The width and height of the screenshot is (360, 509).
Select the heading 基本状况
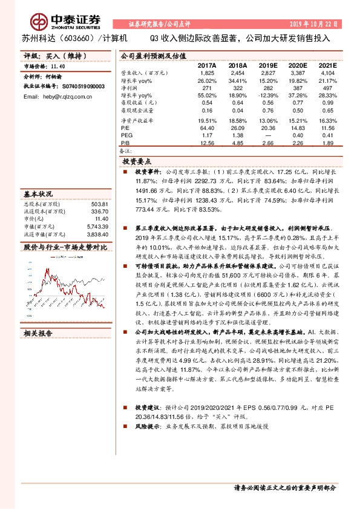tap(38, 195)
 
